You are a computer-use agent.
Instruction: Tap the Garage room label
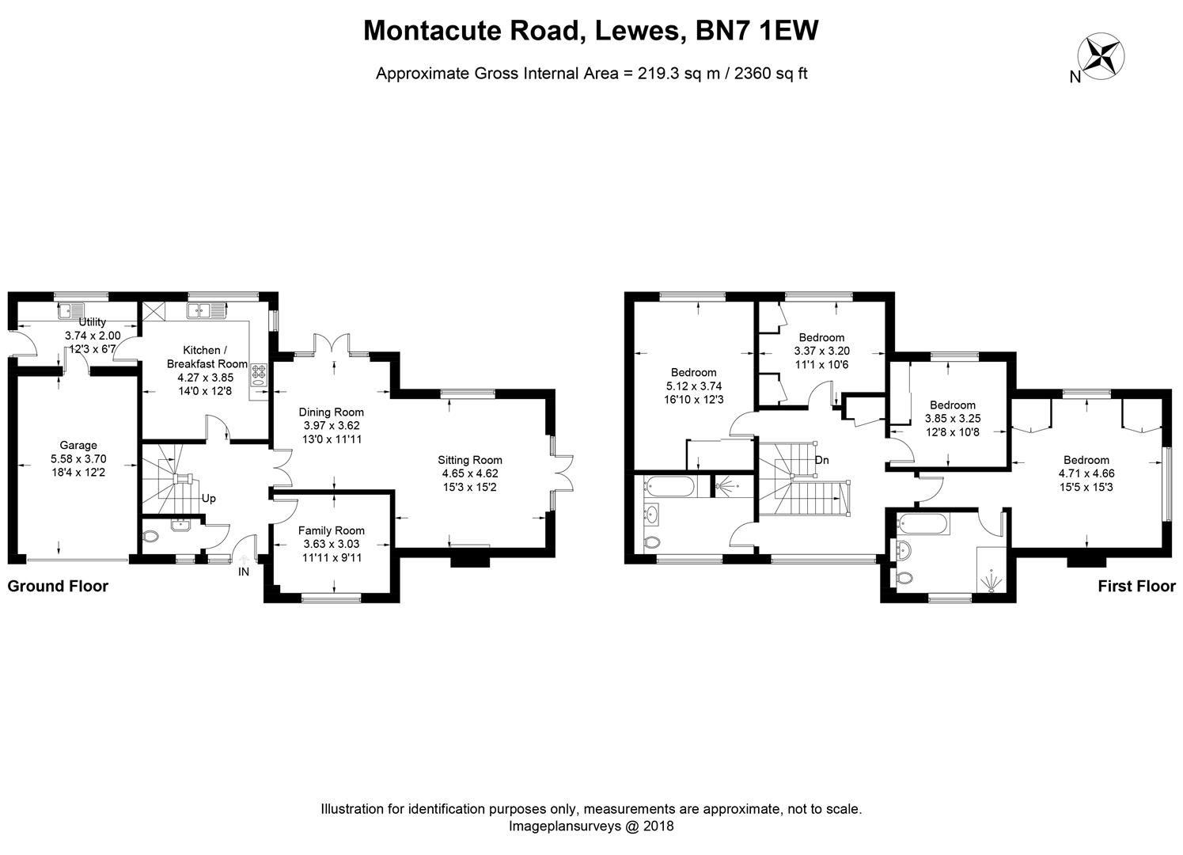tap(78, 445)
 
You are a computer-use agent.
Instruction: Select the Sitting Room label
tap(470, 460)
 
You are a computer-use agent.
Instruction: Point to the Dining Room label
tap(331, 412)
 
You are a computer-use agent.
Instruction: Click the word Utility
tap(92, 321)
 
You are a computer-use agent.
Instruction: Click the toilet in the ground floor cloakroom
tap(151, 536)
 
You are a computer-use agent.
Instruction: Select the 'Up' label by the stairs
tap(208, 499)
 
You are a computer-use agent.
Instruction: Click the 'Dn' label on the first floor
tap(821, 460)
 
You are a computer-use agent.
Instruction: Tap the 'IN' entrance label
tap(244, 572)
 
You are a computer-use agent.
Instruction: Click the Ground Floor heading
tap(58, 587)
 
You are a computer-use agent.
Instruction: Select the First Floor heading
tap(1136, 587)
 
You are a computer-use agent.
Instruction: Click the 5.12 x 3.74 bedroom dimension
tap(693, 386)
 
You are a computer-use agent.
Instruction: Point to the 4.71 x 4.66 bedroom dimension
tap(1086, 473)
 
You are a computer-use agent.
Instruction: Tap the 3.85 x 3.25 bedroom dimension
tap(953, 419)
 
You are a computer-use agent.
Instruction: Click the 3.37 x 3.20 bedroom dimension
tap(821, 351)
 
